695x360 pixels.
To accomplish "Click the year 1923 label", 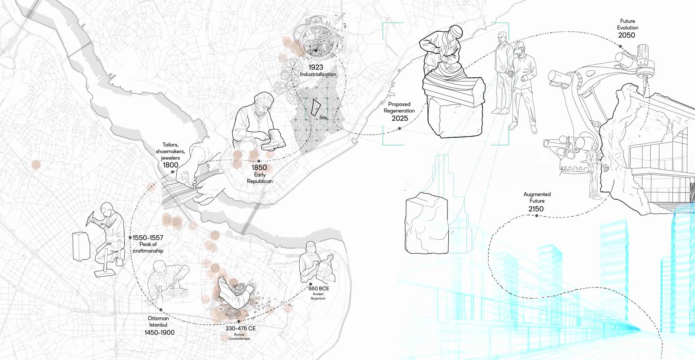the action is point(315,67).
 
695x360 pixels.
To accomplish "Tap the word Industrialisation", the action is point(318,74).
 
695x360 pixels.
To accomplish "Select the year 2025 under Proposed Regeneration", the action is point(400,118).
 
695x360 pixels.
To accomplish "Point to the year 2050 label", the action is point(626,35).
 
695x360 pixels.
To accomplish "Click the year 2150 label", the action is point(536,209).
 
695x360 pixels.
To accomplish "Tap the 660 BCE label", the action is point(319,288).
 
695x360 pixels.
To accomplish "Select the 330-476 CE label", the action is point(241,328).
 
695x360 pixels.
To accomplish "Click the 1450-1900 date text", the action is point(159,332).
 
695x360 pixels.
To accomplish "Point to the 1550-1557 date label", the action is point(148,238).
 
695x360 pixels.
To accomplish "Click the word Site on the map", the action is point(323,118).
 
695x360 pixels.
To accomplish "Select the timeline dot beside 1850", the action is point(259,161).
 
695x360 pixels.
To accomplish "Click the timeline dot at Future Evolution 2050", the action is point(620,46).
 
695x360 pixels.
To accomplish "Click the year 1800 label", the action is point(171,165).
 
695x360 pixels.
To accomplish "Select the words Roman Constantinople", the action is point(239,337).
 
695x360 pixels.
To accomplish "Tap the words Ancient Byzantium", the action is point(318,296).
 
